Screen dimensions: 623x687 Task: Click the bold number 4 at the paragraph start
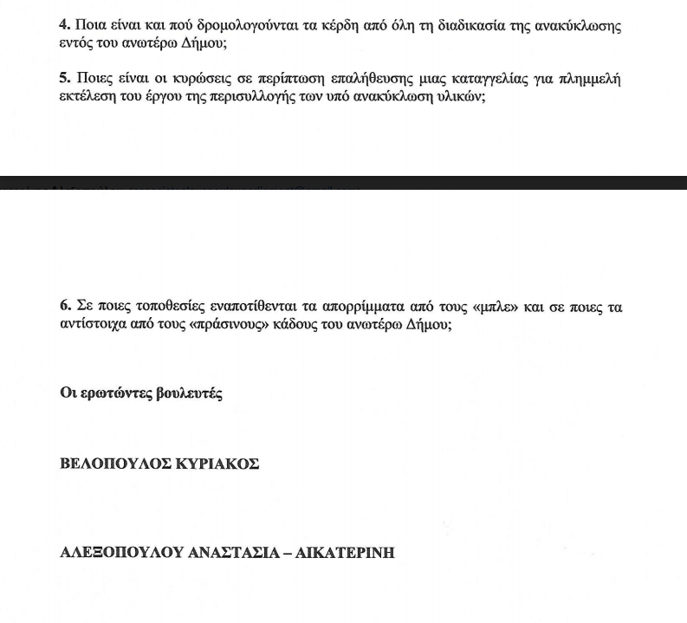tap(63, 25)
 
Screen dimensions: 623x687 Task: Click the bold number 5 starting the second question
tap(63, 79)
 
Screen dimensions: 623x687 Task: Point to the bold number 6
tap(63, 307)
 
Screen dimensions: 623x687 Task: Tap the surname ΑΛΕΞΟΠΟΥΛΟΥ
tap(120, 552)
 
